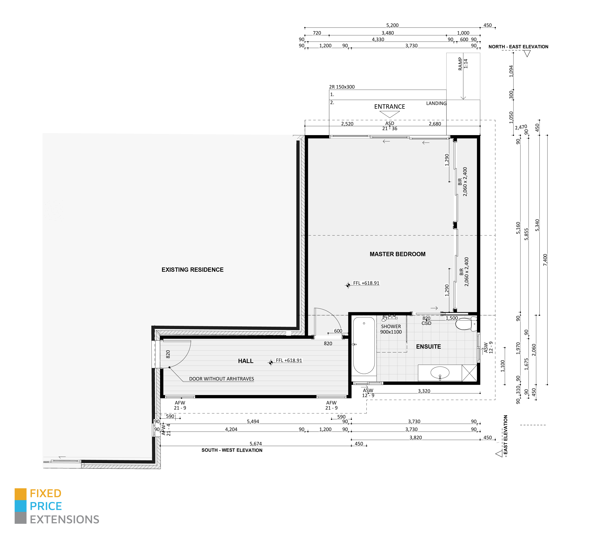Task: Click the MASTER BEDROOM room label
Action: (x=397, y=254)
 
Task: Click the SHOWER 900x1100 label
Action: (x=391, y=329)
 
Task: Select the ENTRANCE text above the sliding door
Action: (x=390, y=107)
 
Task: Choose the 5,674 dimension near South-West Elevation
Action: (x=256, y=444)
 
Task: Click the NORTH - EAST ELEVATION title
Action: (x=518, y=47)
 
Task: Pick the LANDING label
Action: (x=436, y=103)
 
